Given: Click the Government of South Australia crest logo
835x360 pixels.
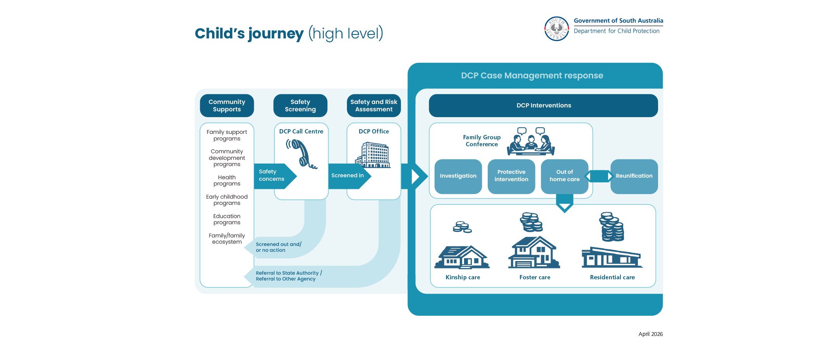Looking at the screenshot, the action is tap(556, 29).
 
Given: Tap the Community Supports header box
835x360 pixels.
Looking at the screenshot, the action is tap(227, 106).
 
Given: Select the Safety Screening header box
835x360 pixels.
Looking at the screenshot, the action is tap(300, 106).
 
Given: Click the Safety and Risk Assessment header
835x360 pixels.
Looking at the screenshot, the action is tap(374, 106).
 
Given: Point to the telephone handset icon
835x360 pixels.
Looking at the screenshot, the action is tap(302, 154).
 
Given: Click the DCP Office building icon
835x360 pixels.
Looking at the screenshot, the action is tap(373, 155).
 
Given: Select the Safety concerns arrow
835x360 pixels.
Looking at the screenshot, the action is tap(275, 176).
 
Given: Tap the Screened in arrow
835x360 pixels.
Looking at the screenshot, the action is tap(350, 176).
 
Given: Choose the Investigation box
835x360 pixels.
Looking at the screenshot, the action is tap(458, 177).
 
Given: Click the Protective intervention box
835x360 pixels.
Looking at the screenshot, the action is tap(511, 177).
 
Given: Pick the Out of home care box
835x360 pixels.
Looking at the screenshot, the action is tap(565, 177).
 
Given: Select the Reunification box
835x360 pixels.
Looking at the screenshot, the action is tap(634, 177).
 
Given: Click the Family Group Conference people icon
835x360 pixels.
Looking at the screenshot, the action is tap(531, 142).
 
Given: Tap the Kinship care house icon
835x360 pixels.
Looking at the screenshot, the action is tap(462, 257).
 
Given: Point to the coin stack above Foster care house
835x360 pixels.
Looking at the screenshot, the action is tap(531, 222).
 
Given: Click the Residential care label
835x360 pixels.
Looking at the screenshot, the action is tap(612, 277).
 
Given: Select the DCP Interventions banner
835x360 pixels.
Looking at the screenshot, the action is tap(543, 106).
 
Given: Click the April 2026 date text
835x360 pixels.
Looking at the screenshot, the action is tap(651, 334).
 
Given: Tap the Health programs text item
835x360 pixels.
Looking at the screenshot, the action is tap(227, 180).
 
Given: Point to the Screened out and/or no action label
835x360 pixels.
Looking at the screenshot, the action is tap(279, 247).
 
